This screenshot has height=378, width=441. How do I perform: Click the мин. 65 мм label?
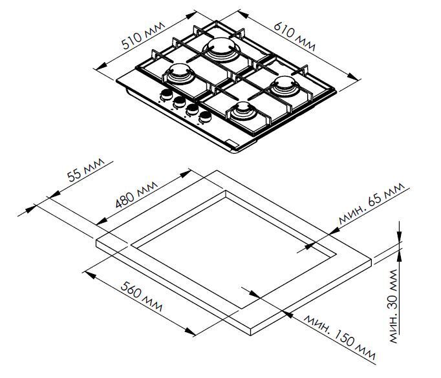coord(371,206)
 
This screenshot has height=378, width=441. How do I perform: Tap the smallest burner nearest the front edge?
coord(244,111)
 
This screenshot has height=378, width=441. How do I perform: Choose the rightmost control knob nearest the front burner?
coord(206,117)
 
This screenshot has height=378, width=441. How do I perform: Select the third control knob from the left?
coord(192,110)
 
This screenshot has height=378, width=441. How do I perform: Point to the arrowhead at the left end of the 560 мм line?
coord(88,273)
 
